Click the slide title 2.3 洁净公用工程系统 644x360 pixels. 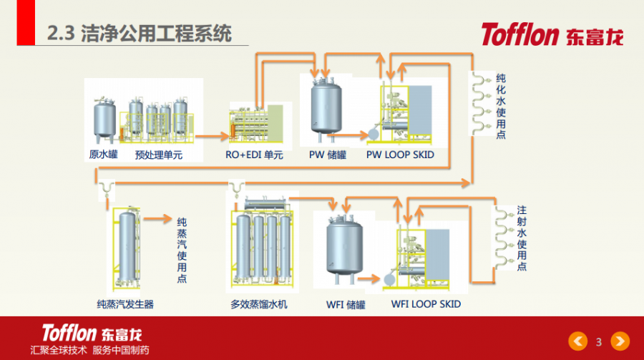click(x=139, y=34)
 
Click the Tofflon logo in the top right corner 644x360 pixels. click(x=552, y=34)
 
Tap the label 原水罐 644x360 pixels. click(x=103, y=154)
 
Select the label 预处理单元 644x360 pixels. click(x=159, y=154)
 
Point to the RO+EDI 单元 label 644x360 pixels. click(x=254, y=154)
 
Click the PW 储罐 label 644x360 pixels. click(x=327, y=154)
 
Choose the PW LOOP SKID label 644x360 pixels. click(x=400, y=154)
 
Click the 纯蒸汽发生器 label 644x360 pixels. click(x=125, y=304)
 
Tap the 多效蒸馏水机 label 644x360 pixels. click(x=259, y=304)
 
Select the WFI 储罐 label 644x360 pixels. click(x=346, y=304)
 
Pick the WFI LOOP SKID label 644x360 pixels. click(x=426, y=303)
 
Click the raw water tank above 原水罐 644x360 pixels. click(x=105, y=120)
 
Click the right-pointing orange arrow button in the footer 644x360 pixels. click(x=620, y=341)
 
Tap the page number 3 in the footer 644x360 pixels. click(x=598, y=341)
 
